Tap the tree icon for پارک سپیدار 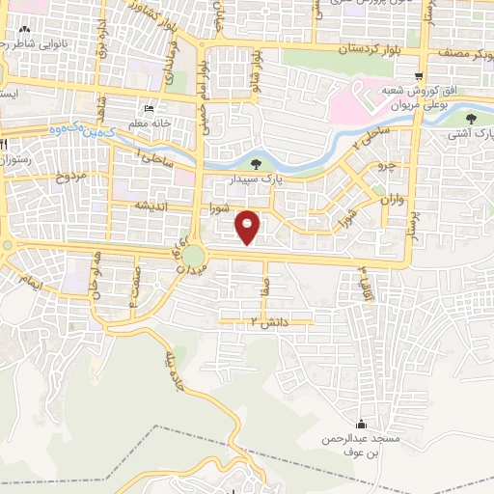(255, 163)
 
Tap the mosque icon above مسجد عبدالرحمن (361, 424)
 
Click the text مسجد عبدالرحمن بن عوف (361, 446)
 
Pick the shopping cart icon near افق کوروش (418, 76)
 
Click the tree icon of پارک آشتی (470, 117)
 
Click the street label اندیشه (151, 206)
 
